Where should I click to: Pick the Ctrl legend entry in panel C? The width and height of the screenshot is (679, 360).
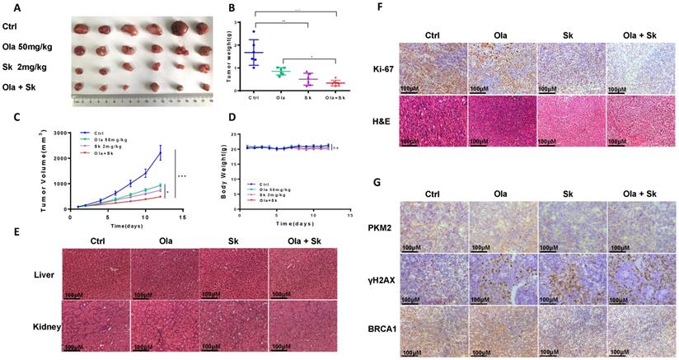(99, 131)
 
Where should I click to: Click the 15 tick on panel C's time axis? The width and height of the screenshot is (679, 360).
(181, 216)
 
